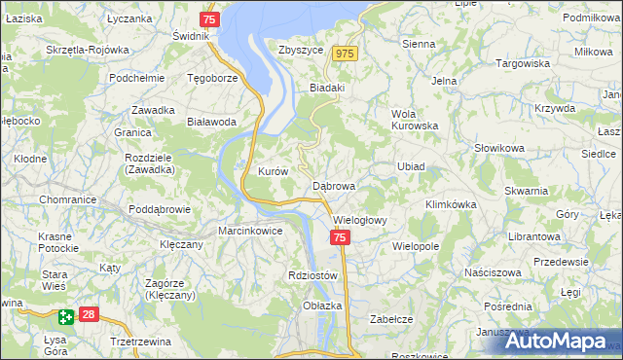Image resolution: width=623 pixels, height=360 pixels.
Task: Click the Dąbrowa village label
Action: click(x=334, y=185)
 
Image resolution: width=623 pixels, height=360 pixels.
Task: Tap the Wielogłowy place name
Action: click(x=360, y=220)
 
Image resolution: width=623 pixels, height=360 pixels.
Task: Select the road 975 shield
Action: click(x=345, y=54)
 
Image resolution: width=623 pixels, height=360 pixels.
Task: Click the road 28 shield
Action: click(x=89, y=314)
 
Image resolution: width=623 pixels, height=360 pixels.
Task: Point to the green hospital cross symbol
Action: click(x=65, y=316)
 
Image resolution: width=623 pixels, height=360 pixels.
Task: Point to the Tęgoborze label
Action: click(x=212, y=78)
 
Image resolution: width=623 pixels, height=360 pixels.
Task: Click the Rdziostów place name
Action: click(x=312, y=275)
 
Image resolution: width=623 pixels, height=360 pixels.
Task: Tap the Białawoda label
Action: click(x=211, y=122)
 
